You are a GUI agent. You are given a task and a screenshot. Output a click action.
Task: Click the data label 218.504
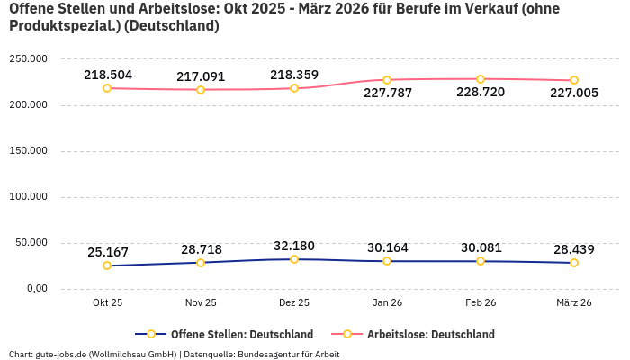108,75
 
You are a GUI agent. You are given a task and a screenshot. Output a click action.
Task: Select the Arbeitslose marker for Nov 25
201,90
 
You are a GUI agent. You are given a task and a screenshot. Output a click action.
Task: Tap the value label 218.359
294,75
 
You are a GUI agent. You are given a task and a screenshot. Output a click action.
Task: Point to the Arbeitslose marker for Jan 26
387,80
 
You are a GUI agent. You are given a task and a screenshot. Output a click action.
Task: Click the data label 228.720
481,92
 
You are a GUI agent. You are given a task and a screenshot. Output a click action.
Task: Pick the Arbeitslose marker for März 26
574,80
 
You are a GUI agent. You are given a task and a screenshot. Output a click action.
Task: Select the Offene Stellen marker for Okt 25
107,265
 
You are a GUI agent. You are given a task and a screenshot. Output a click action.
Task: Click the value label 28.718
201,248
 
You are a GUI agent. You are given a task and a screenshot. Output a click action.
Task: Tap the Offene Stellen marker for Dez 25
294,259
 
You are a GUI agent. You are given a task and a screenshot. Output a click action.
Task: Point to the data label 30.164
387,247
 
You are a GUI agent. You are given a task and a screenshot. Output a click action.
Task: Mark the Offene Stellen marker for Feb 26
481,261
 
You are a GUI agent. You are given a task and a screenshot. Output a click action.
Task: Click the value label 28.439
574,248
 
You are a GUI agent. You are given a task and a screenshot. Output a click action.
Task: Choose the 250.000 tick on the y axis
28,59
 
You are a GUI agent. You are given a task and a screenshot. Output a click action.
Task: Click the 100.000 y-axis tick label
28,197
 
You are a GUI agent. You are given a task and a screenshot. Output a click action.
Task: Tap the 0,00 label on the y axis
36,289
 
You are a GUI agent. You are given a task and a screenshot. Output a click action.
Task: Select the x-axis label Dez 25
294,303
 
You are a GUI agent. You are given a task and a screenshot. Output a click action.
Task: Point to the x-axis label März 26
574,303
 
